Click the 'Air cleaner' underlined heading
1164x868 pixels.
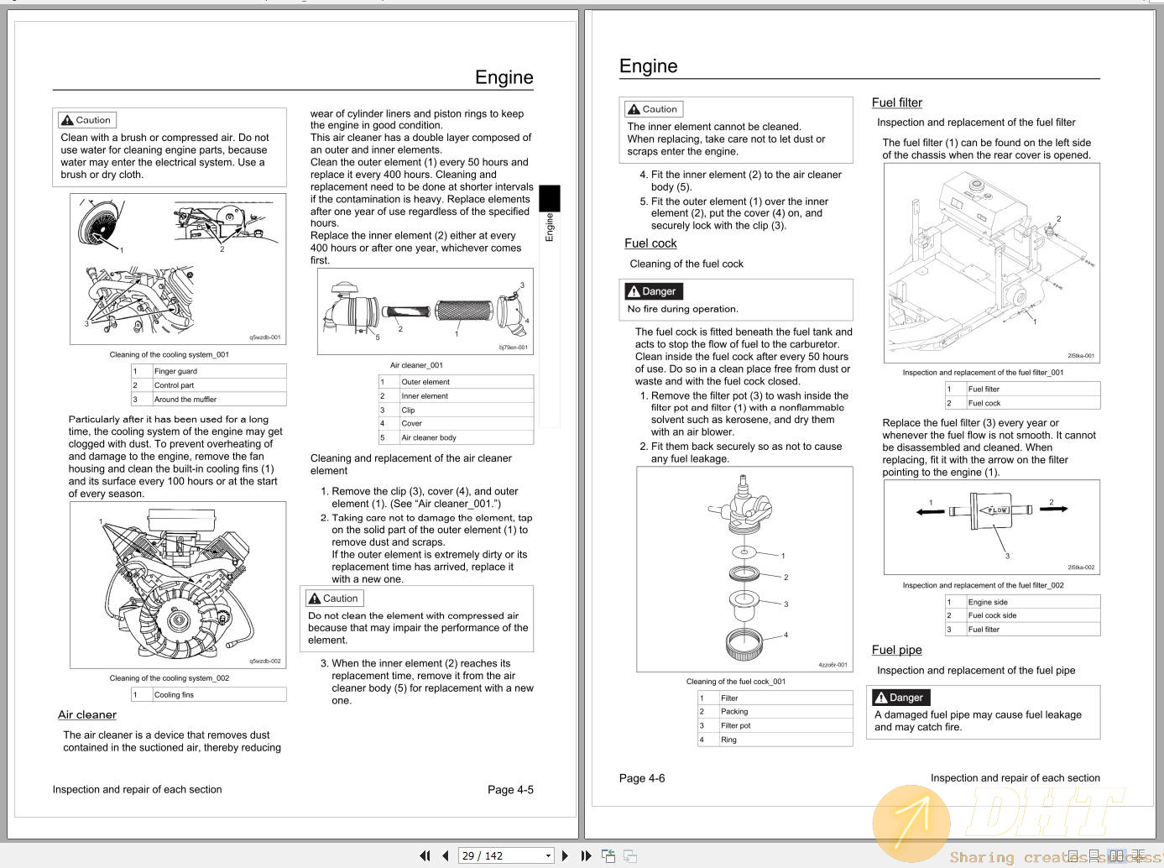click(x=87, y=714)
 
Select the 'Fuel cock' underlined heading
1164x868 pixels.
click(x=650, y=243)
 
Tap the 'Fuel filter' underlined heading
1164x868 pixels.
click(x=896, y=102)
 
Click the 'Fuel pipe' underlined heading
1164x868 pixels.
click(x=896, y=650)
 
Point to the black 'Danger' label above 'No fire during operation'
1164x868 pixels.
click(x=653, y=291)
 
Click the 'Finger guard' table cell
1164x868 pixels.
click(x=175, y=371)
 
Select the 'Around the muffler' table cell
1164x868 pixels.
click(x=185, y=400)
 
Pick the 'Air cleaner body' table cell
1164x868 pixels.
click(x=429, y=437)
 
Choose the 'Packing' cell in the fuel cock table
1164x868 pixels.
click(x=734, y=712)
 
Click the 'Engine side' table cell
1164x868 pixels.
click(x=988, y=602)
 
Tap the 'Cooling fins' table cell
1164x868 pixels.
click(x=174, y=695)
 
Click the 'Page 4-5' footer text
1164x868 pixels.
click(x=510, y=790)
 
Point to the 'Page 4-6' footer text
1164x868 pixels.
click(x=642, y=778)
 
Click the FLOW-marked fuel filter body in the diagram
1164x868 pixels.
click(x=996, y=510)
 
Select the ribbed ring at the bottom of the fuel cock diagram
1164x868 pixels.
click(x=744, y=644)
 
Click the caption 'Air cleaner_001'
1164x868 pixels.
click(x=416, y=365)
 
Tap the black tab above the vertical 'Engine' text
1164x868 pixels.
click(x=549, y=198)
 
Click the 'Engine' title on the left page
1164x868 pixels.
click(x=504, y=77)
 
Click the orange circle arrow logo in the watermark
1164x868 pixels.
click(x=911, y=824)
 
